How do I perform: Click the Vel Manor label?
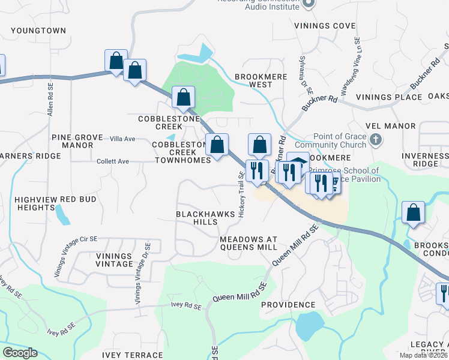point(394,126)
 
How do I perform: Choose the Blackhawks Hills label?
point(196,218)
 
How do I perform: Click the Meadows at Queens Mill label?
point(249,243)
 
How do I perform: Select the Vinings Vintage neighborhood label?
point(114,260)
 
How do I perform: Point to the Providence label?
point(288,305)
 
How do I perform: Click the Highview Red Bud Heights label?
point(35,203)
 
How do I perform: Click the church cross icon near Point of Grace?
point(376,140)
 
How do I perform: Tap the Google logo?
point(20,353)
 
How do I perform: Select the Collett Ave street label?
point(112,161)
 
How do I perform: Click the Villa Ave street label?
point(122,139)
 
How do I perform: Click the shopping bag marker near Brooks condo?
point(414,212)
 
